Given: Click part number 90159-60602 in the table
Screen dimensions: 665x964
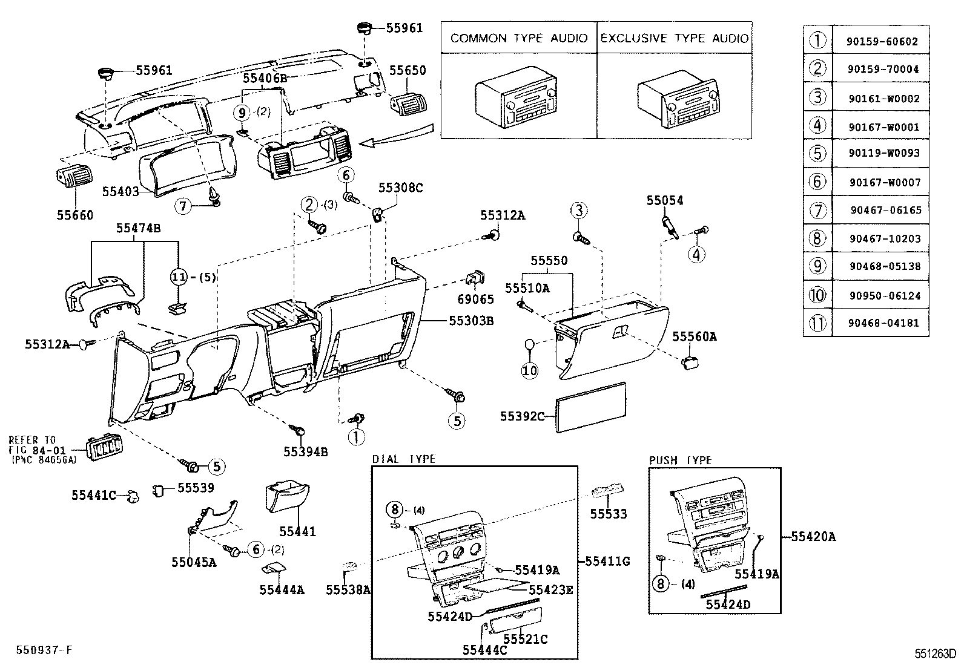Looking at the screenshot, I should point(883,42).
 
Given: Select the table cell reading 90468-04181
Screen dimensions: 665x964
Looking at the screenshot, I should point(883,323).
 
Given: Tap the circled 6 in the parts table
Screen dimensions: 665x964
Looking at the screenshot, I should point(817,182).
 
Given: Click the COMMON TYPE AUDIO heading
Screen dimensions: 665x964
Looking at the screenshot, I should point(519,38).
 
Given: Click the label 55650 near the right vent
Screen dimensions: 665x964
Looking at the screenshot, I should point(408,71).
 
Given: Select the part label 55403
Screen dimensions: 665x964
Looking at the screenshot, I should point(120,192).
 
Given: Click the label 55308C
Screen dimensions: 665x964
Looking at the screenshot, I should point(400,188).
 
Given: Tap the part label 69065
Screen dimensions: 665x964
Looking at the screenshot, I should point(475,300).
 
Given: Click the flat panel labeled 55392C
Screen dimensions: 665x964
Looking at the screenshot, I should point(591,407).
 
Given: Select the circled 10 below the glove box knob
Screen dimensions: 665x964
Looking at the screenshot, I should point(530,370).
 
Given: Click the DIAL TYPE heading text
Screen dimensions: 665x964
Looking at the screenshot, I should point(404,459).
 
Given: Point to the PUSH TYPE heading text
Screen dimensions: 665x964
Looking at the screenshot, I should point(680,460).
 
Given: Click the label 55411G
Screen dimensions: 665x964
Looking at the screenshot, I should point(607,562).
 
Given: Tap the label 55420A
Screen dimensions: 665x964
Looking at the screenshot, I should point(813,537).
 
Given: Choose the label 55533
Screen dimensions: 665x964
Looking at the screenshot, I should point(609,514).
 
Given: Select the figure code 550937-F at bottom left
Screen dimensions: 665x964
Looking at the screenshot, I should point(44,650).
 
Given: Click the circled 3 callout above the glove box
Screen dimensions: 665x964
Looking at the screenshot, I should point(579,211).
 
